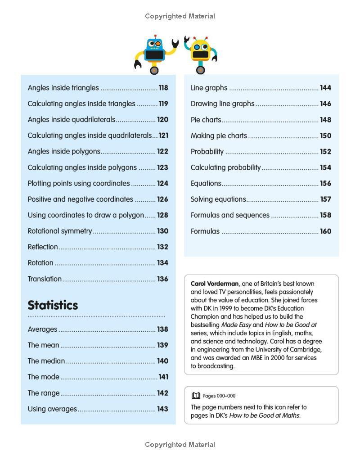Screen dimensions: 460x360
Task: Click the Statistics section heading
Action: (x=53, y=305)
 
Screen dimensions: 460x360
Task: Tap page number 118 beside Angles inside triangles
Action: (x=163, y=88)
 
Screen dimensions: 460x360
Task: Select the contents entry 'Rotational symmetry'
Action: (x=60, y=231)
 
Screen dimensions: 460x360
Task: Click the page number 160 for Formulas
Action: (x=325, y=231)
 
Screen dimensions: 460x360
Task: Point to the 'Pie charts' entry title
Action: (x=206, y=120)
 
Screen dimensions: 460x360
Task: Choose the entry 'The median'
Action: (x=46, y=361)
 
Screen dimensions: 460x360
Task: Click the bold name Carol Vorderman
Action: (x=215, y=284)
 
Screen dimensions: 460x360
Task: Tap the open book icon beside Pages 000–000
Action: (x=196, y=396)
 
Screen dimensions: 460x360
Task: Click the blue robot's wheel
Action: (x=154, y=70)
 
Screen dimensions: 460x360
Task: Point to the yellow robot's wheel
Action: (x=201, y=70)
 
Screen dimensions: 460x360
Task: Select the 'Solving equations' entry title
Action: (x=218, y=199)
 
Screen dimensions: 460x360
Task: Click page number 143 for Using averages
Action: (x=162, y=409)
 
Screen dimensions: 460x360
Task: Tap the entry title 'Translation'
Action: (x=45, y=279)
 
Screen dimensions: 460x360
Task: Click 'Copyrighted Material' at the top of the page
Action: (x=180, y=16)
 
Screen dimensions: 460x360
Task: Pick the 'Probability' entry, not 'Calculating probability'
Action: (x=207, y=152)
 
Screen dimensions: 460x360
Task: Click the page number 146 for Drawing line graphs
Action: (x=325, y=104)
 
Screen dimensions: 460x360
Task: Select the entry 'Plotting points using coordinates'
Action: (x=79, y=183)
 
